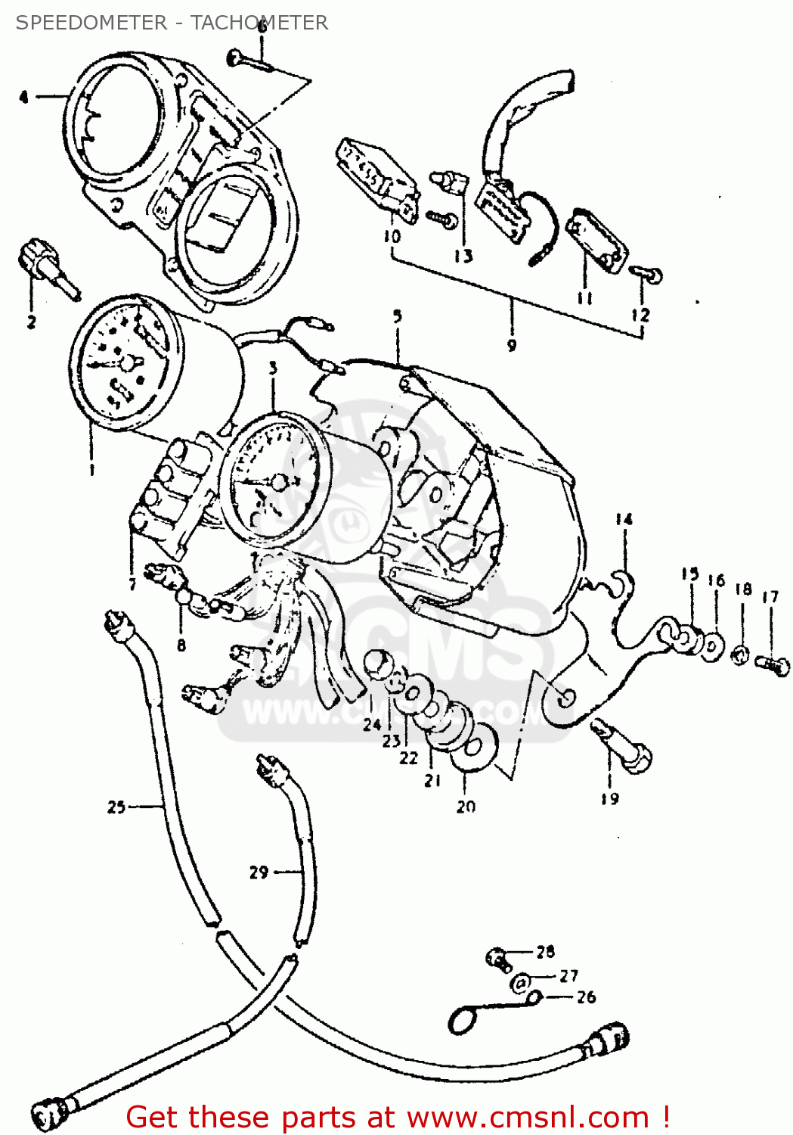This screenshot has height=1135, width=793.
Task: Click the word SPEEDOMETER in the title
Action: click(91, 23)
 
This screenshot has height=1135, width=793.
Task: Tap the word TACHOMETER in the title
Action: click(259, 23)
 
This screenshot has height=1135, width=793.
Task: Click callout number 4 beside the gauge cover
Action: click(24, 97)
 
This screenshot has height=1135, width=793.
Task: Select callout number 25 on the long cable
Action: click(116, 807)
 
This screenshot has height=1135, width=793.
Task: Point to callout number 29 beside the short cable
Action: click(259, 872)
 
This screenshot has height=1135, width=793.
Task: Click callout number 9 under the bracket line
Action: click(512, 345)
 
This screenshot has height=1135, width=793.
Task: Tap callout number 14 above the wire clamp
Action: click(623, 519)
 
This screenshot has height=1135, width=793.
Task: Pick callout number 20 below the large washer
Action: click(466, 807)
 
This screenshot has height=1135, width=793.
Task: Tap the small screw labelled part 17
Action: click(772, 665)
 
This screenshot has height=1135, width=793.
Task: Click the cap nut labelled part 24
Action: click(376, 665)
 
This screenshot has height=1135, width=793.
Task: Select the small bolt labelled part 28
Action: click(497, 958)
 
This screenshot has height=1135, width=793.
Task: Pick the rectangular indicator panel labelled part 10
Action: click(376, 176)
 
